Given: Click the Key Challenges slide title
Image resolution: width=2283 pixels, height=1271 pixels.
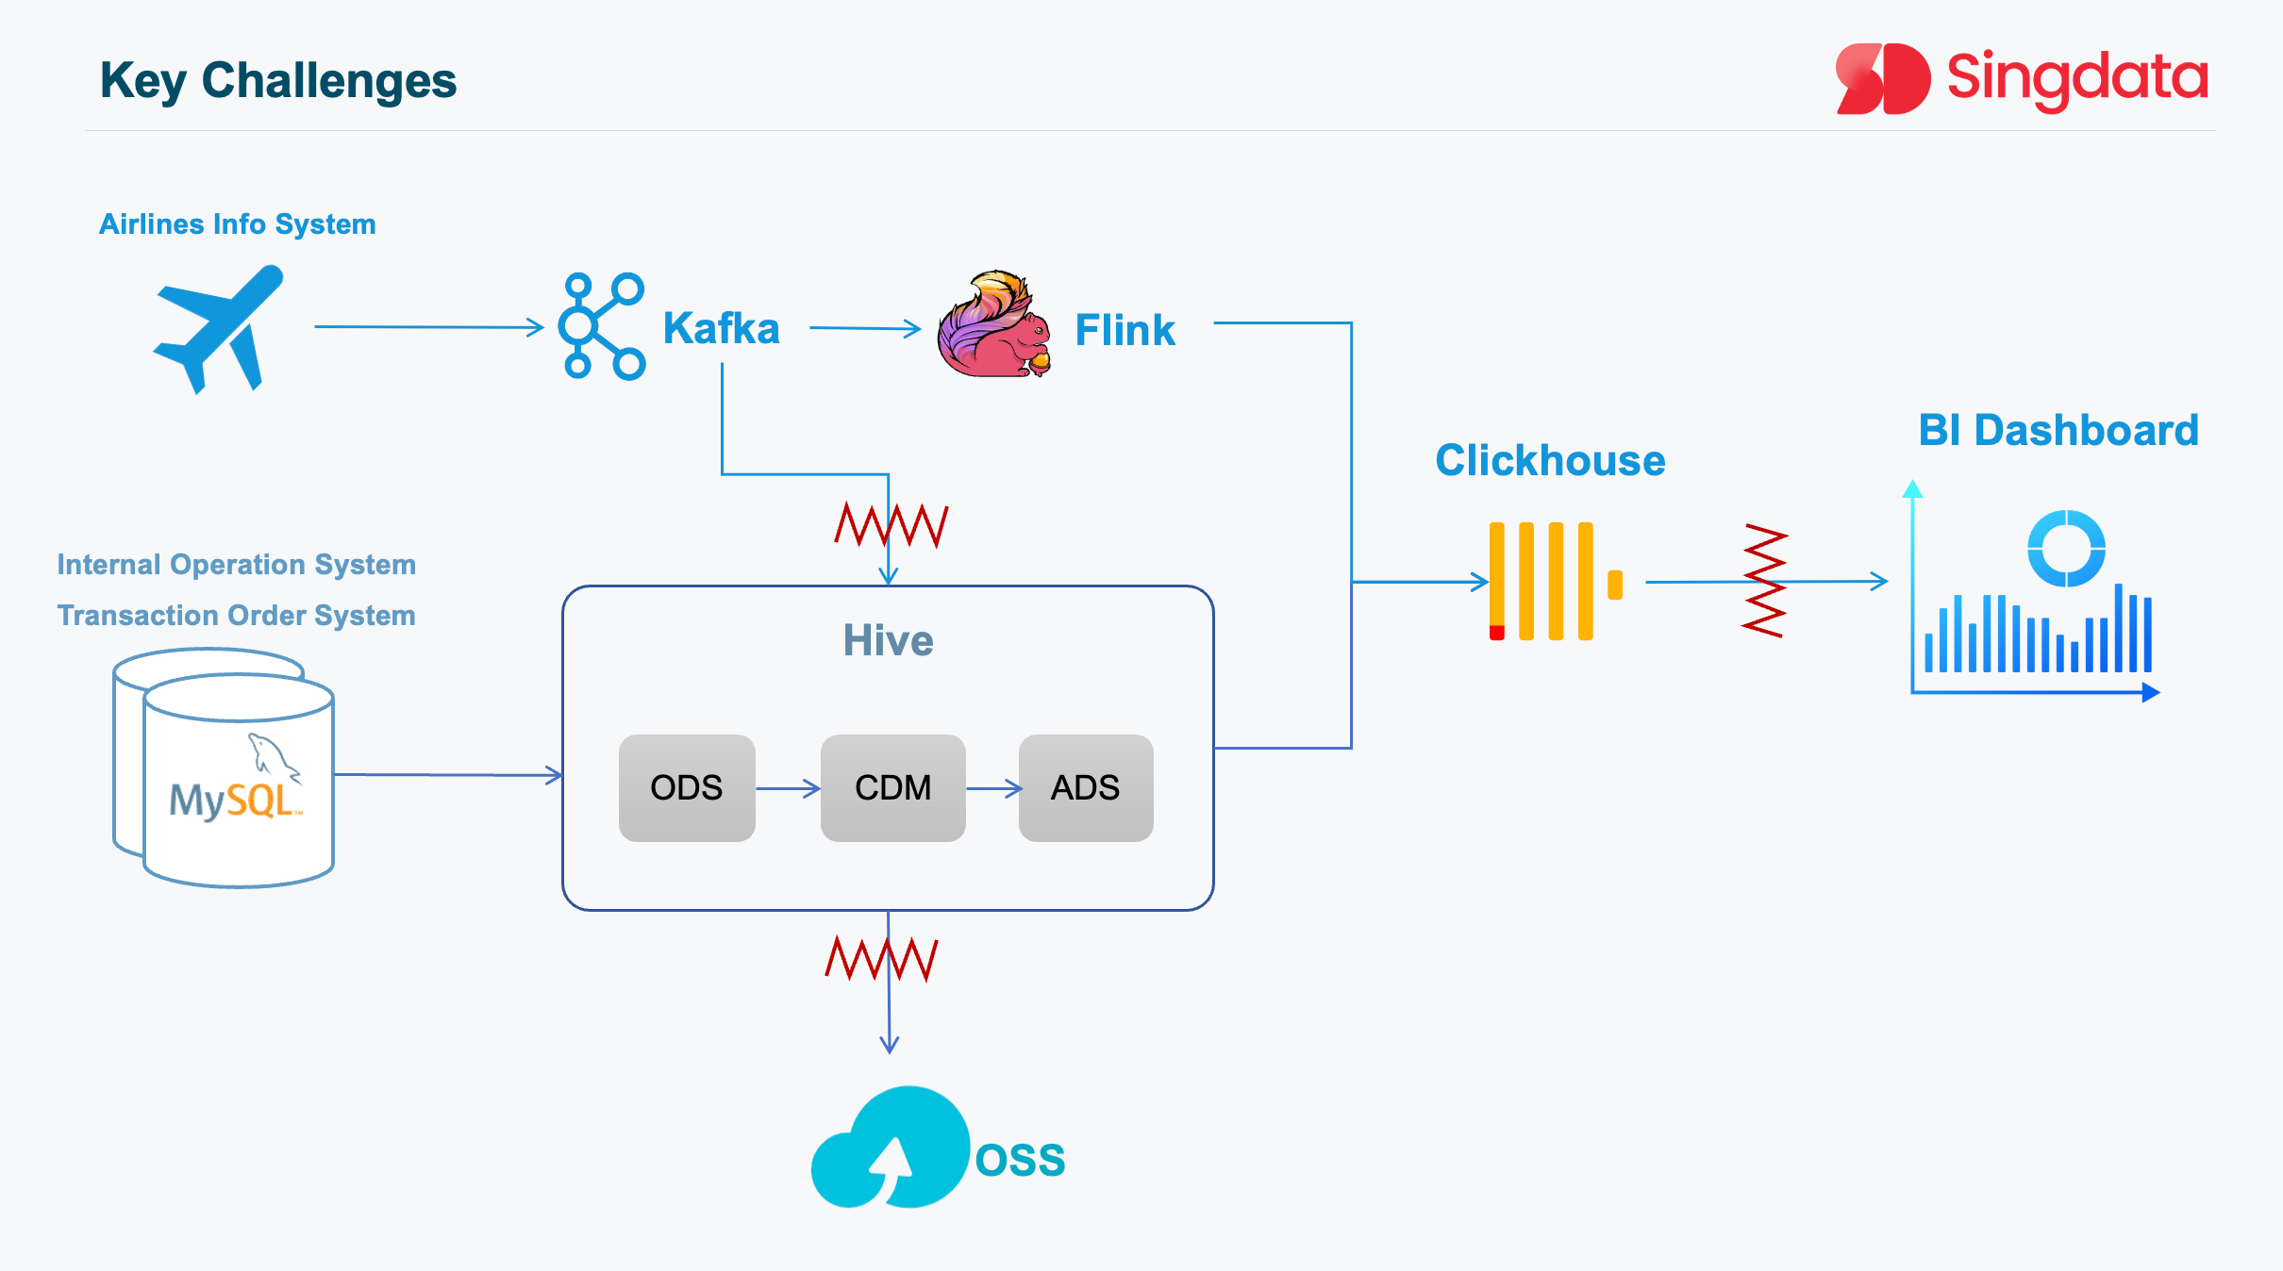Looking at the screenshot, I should coord(278,81).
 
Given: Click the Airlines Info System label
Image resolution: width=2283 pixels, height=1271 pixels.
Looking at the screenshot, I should coord(238,224).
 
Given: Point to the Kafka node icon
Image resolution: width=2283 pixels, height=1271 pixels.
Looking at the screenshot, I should coord(602,326).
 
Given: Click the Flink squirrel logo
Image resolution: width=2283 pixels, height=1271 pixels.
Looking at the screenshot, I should coord(993,325).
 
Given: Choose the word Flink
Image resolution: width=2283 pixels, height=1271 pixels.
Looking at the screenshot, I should coord(1125,331).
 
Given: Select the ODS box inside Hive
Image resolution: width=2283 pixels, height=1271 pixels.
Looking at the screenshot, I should coord(687,787).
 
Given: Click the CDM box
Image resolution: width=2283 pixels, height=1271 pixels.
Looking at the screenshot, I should coord(892,787).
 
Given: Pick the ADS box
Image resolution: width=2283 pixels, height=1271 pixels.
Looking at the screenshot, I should coord(1085,787).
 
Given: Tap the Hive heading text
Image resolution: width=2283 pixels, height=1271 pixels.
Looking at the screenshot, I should coord(888,641).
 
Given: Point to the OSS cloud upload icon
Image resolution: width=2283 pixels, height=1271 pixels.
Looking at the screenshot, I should coord(891,1148).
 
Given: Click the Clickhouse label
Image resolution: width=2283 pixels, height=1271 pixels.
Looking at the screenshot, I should coord(1550,461).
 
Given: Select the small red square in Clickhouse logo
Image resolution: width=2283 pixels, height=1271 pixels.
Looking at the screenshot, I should coord(1497,633).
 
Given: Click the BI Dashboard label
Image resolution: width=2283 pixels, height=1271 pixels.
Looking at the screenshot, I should coord(2058,431).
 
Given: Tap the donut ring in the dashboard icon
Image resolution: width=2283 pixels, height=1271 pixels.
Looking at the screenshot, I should coord(2066,549).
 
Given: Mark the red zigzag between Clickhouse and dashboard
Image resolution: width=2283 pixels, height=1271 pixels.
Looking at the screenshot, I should coord(1764,581).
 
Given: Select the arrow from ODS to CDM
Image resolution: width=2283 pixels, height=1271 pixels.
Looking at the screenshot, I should coord(788,788).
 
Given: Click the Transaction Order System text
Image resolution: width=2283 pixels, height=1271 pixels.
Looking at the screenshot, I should coord(236,616).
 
